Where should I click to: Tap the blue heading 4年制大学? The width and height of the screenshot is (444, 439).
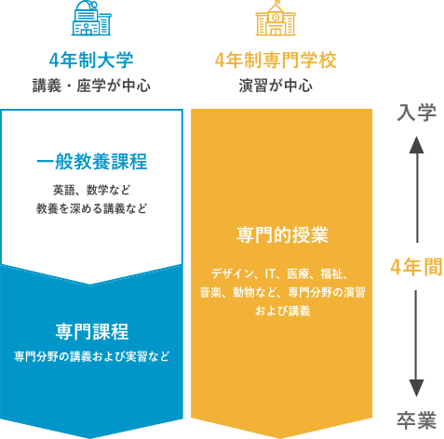[91, 60]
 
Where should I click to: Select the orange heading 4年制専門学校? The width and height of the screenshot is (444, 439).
[276, 60]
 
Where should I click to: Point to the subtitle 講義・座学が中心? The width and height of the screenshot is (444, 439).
[91, 86]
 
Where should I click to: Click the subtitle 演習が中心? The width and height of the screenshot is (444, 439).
[276, 86]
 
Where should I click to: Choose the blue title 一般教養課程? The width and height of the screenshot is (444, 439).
[92, 162]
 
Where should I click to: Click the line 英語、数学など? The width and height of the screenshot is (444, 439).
[92, 190]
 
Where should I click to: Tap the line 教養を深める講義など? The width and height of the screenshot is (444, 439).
[91, 208]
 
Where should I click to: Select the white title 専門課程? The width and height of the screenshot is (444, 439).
[92, 332]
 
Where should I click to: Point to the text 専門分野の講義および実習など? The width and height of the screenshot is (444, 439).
[92, 356]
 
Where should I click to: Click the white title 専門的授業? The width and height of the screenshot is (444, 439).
[282, 234]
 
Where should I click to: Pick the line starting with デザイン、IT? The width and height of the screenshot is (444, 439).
[281, 273]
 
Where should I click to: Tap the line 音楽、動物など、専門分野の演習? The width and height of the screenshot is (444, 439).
[282, 292]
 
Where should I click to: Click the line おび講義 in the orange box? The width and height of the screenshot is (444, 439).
[282, 311]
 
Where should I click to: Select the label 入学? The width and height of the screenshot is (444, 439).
[416, 113]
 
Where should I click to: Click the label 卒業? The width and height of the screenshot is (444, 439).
[416, 420]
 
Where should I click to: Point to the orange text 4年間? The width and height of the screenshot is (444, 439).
[416, 267]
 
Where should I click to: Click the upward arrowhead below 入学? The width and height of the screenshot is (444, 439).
[416, 145]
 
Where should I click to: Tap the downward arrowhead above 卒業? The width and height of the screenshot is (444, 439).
[416, 388]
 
